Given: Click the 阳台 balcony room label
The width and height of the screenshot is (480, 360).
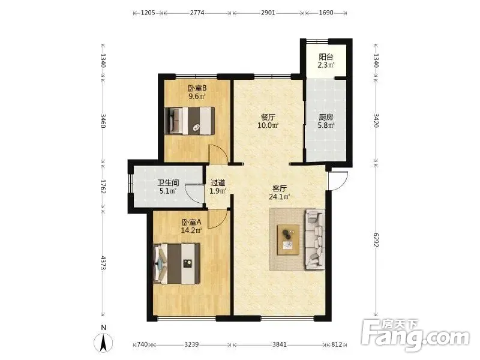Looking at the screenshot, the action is (x=326, y=57).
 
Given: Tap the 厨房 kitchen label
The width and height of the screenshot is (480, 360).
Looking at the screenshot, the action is (x=326, y=117).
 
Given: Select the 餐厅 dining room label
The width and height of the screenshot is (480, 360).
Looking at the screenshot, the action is (x=268, y=117).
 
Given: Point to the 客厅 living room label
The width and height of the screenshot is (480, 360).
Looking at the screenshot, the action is (x=280, y=188).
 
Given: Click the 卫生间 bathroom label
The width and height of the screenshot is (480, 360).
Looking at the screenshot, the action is (x=168, y=183).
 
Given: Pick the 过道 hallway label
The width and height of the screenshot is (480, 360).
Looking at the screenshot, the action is (x=218, y=183).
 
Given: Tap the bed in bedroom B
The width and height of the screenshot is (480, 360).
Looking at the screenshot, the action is (x=189, y=121).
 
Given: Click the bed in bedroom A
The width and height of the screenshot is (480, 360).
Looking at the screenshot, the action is (x=176, y=263).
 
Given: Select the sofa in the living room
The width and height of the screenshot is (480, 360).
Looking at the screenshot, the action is (x=314, y=239).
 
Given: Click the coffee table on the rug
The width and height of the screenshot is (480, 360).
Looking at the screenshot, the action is (x=288, y=239).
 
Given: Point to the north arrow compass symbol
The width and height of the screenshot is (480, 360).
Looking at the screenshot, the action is (x=103, y=343).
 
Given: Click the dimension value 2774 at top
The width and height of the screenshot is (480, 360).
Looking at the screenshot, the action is (x=197, y=13).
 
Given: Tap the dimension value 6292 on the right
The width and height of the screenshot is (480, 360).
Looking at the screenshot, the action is (x=376, y=241).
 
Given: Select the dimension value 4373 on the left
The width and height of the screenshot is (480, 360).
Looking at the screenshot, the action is (x=103, y=263).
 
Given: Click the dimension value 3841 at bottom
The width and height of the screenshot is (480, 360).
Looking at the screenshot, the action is (x=280, y=344).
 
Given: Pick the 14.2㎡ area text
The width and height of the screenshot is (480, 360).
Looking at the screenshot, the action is (x=191, y=230).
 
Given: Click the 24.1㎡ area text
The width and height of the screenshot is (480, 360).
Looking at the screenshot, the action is (x=279, y=197).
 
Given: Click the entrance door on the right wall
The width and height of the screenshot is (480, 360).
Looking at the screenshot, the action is (x=338, y=181).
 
